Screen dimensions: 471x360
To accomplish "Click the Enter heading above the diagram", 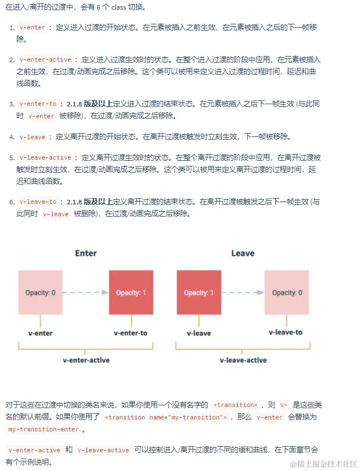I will point(86,253).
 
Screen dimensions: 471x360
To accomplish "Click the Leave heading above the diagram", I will point(243,253).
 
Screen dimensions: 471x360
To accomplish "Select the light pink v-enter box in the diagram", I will point(40,292).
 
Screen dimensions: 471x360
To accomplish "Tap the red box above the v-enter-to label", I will point(131,292).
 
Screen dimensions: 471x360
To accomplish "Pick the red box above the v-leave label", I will point(199,292).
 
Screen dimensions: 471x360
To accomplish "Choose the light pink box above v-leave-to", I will point(286,292).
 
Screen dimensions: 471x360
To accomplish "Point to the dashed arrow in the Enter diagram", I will point(85,293).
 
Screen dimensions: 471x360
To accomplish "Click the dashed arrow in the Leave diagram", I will point(242,293).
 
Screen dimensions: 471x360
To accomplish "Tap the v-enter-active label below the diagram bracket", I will point(86,360).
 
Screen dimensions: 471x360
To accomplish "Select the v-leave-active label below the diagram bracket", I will point(243,360).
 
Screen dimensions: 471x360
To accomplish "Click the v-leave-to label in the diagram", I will point(286,332).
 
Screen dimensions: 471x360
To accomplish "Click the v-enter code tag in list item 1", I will point(32,27).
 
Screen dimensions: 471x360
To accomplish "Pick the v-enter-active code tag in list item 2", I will point(45,59).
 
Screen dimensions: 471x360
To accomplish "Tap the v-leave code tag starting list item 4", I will point(32,137).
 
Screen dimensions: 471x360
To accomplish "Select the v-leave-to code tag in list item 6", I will point(38,202).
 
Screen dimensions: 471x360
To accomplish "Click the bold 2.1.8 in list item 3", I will point(74,104).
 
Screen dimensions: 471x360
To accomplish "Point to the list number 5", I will point(11,157).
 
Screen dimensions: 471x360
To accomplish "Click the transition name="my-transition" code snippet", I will point(166,417).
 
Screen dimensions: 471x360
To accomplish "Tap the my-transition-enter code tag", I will point(43,429).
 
